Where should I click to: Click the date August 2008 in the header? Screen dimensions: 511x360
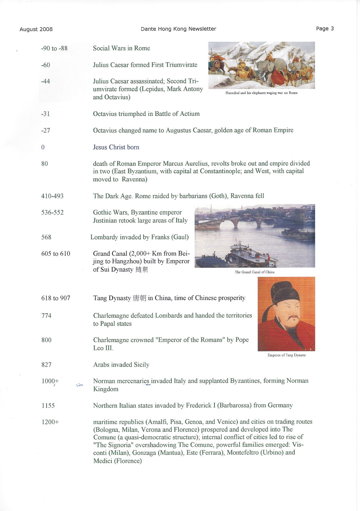[x=36, y=29]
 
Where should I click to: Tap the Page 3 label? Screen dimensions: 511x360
[x=325, y=28]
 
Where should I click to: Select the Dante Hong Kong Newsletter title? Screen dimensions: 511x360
[x=178, y=29]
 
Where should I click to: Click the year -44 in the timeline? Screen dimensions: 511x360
[x=45, y=81]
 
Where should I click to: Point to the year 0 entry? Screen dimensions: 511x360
[x=43, y=147]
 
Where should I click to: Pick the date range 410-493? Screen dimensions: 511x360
[x=52, y=196]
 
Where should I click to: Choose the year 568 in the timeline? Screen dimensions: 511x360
[x=46, y=237]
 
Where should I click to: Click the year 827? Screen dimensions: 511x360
[x=46, y=364]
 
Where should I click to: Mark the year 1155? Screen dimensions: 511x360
[x=48, y=405]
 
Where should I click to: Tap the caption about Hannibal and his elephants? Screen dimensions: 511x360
[x=261, y=93]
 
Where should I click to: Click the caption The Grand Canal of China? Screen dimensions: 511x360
[x=255, y=272]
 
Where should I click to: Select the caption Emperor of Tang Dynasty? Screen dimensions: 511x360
[x=287, y=355]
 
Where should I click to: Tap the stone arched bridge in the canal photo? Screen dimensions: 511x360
[x=240, y=222]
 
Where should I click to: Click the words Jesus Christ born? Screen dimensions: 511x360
[x=116, y=147]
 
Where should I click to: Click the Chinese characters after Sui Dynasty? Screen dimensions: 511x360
[x=142, y=270]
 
